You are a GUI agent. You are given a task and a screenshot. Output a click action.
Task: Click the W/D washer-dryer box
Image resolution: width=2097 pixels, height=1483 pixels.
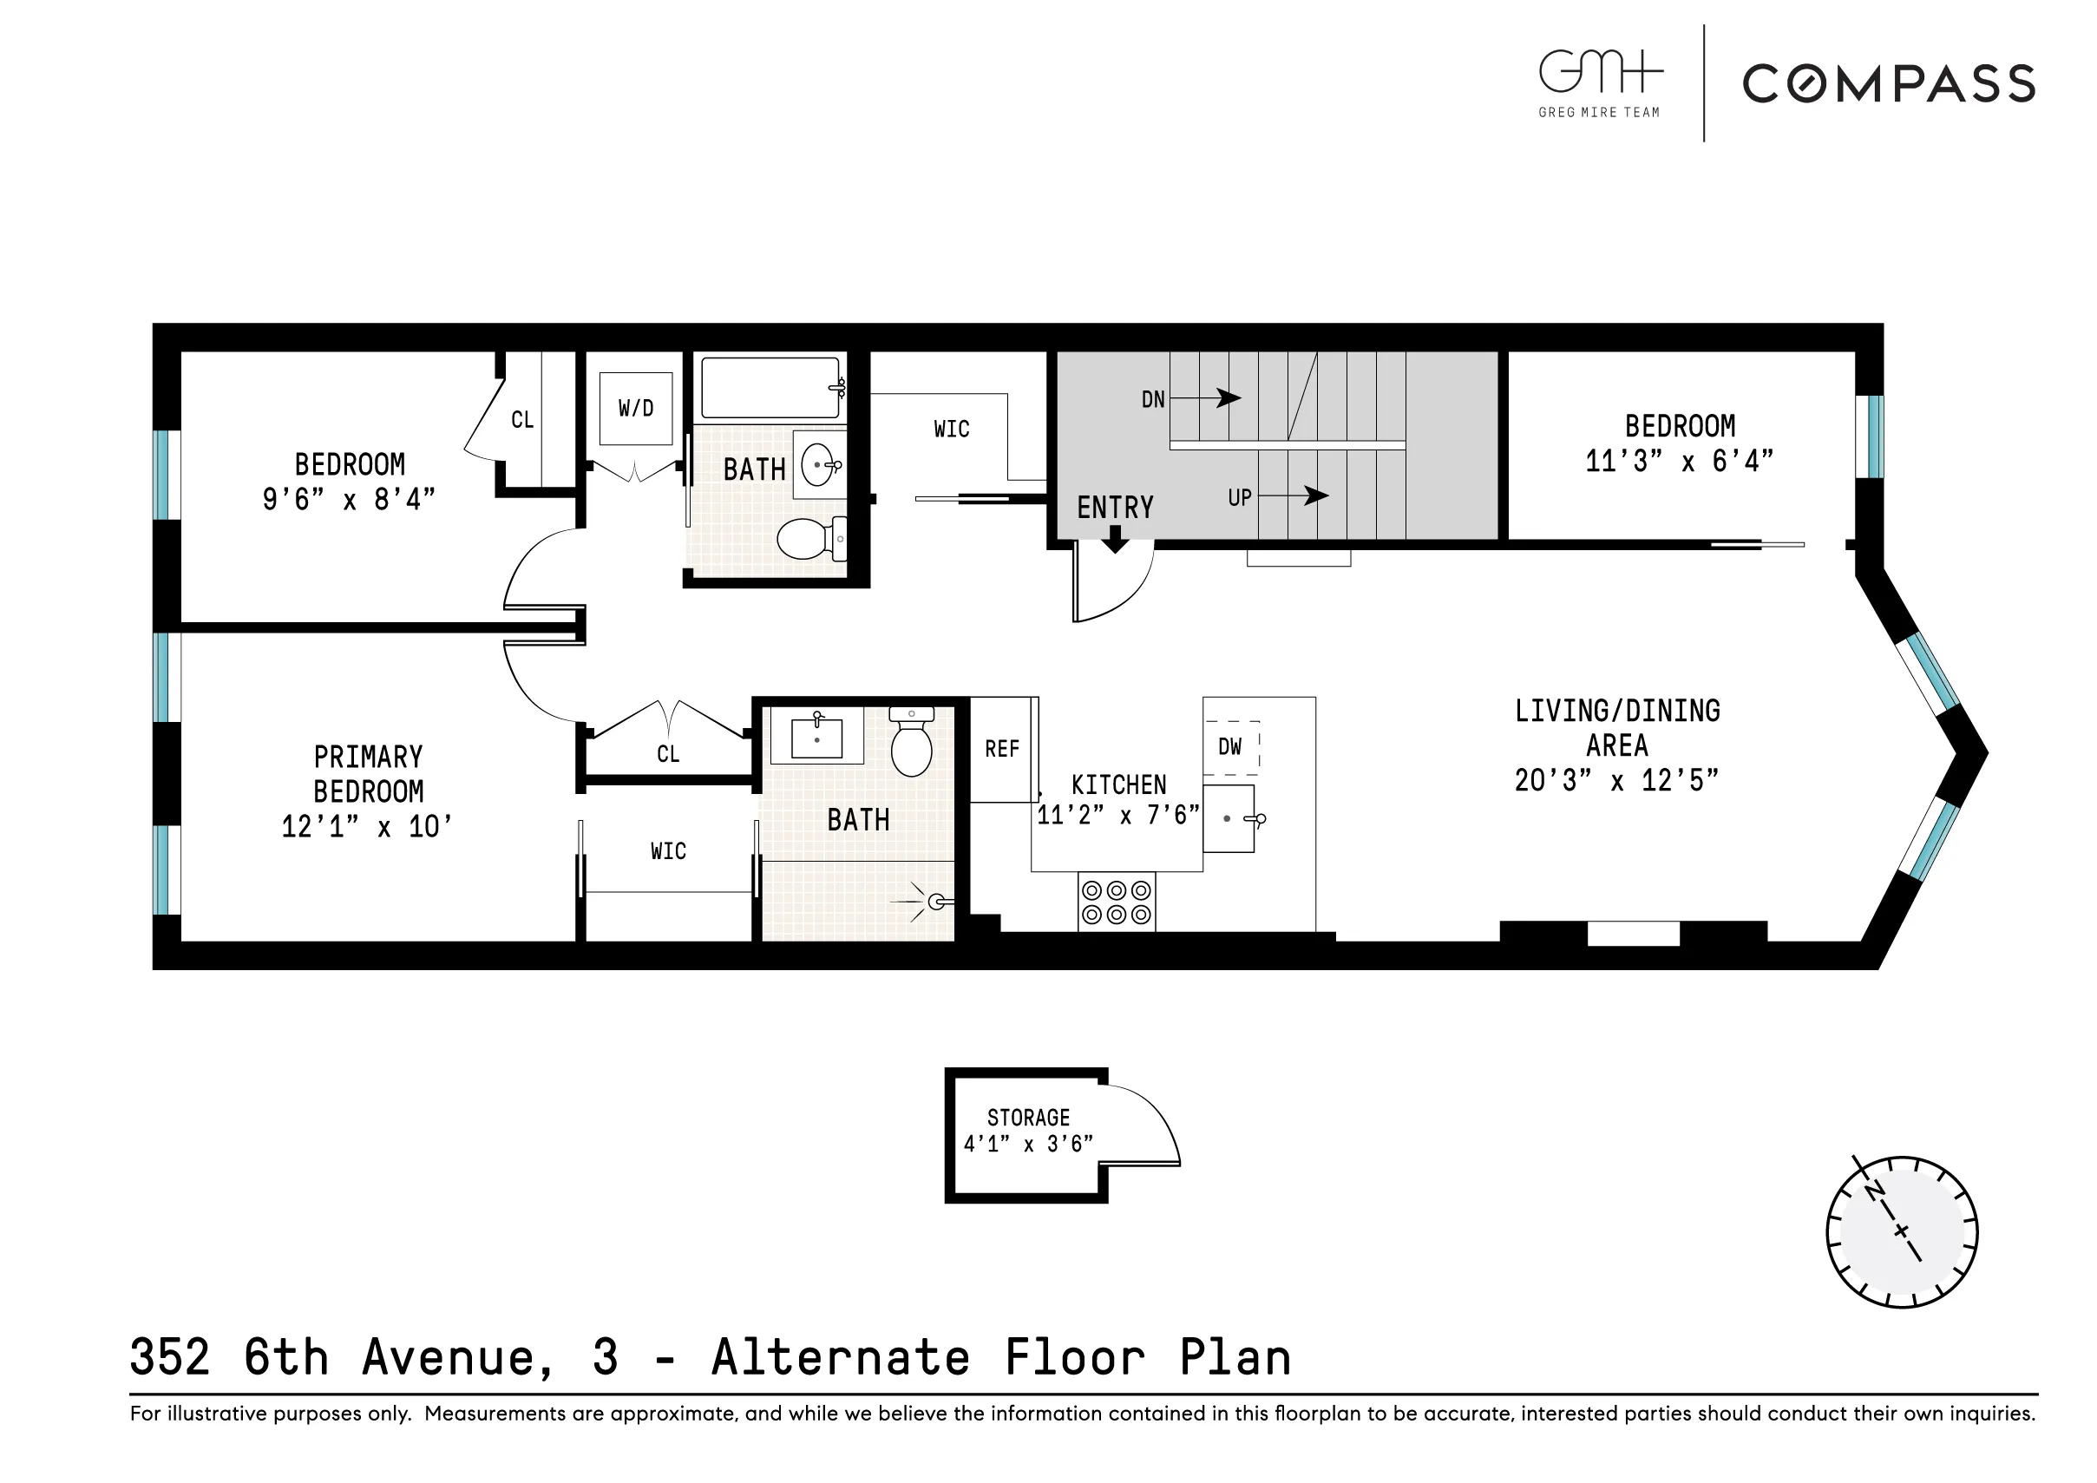click(x=636, y=409)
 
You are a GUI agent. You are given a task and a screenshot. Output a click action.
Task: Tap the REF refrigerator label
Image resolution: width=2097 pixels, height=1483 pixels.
click(x=1001, y=749)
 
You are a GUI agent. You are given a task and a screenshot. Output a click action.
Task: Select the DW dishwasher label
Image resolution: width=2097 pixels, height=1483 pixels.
click(x=1229, y=746)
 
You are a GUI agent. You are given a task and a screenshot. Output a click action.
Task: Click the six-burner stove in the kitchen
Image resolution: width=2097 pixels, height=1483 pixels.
click(x=1116, y=902)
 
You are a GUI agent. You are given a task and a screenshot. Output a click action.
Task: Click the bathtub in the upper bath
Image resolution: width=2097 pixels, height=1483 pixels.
click(x=770, y=387)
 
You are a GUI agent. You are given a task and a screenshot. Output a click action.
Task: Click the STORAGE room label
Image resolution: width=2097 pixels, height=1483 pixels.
click(x=1027, y=1118)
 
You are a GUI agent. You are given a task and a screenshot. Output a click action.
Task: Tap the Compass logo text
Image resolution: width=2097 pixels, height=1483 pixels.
click(x=1888, y=84)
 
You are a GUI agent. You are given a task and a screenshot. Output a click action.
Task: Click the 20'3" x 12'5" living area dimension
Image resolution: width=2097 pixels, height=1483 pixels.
click(x=1615, y=780)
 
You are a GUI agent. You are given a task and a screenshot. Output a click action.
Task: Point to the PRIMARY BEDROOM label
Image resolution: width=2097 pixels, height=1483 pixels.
click(x=368, y=774)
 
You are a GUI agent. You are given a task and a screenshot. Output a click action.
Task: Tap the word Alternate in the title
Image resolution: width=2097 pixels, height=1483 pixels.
click(x=840, y=1357)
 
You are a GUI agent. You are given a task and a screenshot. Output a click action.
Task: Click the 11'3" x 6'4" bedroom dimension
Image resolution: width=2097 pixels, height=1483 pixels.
click(x=1679, y=461)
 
